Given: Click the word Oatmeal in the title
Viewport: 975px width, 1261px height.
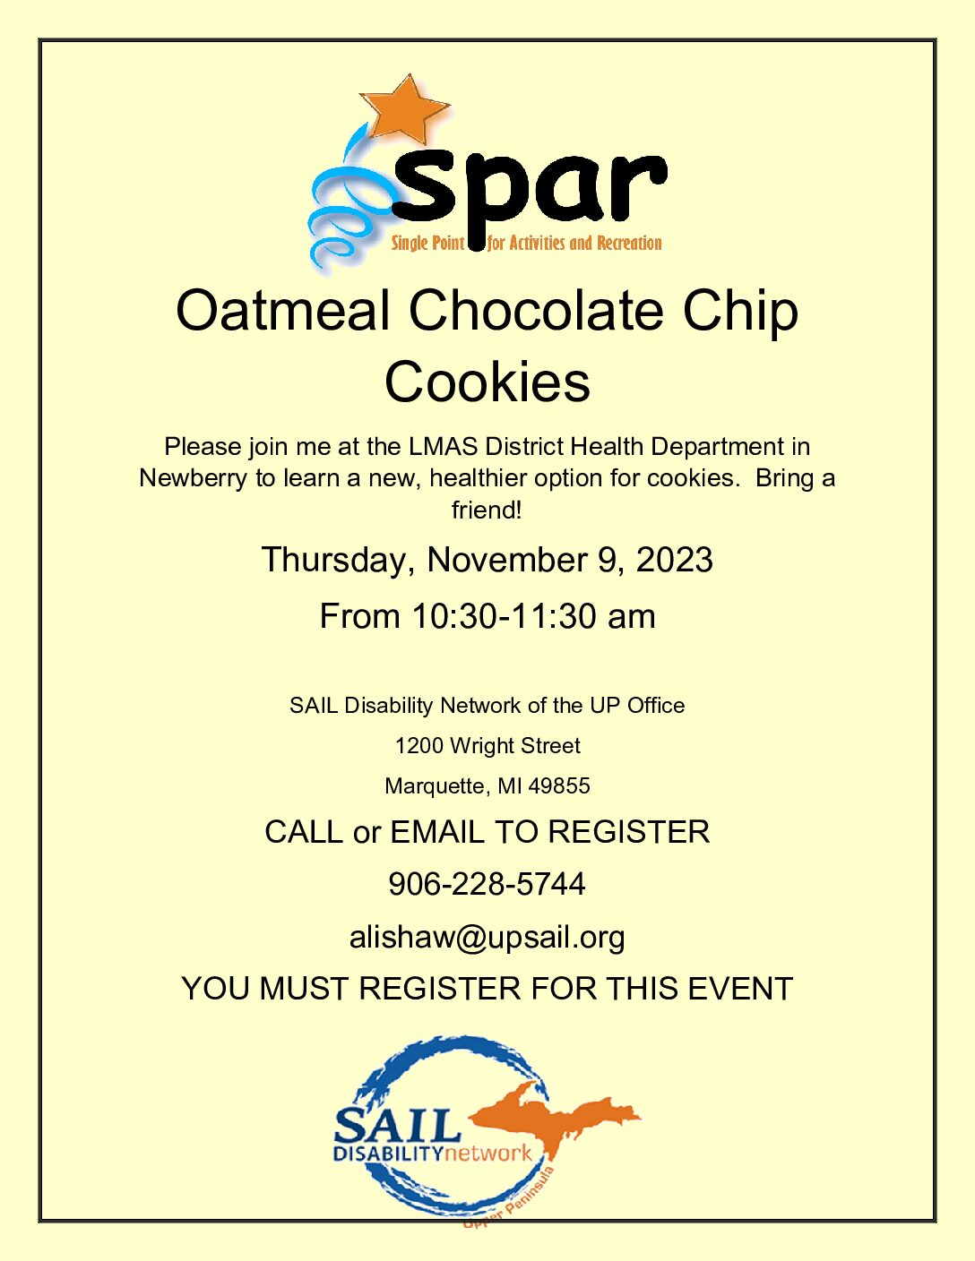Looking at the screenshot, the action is click(x=282, y=313).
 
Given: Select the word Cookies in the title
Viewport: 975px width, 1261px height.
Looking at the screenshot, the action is click(x=487, y=383).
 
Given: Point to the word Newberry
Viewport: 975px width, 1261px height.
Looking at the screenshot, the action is click(x=193, y=479).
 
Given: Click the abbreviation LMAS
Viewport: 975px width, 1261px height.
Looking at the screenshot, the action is click(x=443, y=447).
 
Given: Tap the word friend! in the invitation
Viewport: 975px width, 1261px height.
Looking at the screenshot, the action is click(x=487, y=510).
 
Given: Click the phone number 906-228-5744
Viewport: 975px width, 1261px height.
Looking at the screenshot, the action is click(x=487, y=884).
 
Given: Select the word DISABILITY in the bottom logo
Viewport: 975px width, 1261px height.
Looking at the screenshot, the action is click(x=389, y=1153).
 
